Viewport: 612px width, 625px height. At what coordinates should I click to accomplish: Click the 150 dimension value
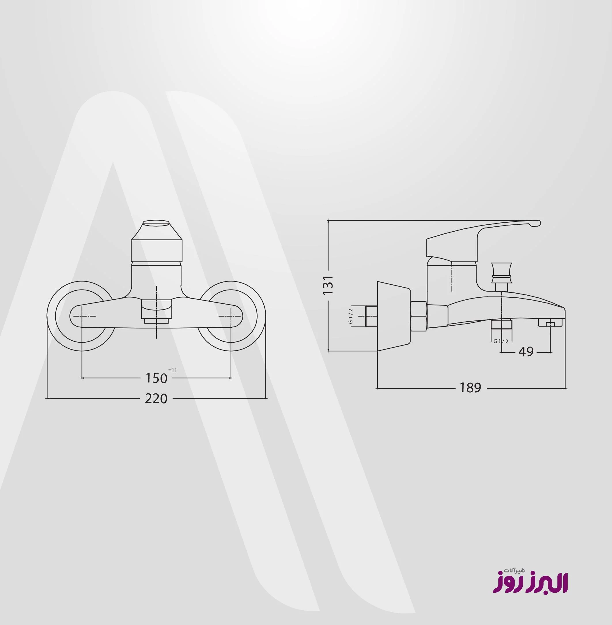coord(156,378)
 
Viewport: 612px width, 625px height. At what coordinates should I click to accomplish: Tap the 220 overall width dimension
coord(156,399)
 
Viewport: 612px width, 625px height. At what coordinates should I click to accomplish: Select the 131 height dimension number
coord(328,285)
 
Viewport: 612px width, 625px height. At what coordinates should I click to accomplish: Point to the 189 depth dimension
coord(470,388)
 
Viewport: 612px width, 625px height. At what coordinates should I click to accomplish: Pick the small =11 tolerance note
coord(173,370)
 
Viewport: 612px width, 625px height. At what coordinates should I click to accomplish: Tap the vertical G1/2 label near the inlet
coord(350,316)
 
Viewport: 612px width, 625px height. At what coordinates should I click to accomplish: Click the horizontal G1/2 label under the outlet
coord(501,341)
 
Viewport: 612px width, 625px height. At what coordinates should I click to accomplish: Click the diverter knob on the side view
coord(501,271)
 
